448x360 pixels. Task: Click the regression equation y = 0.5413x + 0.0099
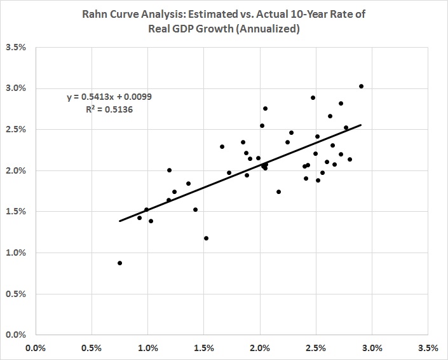(109, 97)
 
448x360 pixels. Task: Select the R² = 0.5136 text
(109, 109)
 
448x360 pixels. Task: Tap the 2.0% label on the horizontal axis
(260, 348)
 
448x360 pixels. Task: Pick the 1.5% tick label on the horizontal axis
(203, 348)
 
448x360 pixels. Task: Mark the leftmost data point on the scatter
(119, 263)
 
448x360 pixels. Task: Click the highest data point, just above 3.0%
(361, 86)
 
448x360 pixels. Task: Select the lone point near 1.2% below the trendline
(206, 238)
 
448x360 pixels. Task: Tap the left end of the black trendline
(119, 221)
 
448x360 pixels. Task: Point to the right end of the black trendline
(361, 125)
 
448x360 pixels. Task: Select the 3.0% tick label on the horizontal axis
(372, 348)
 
